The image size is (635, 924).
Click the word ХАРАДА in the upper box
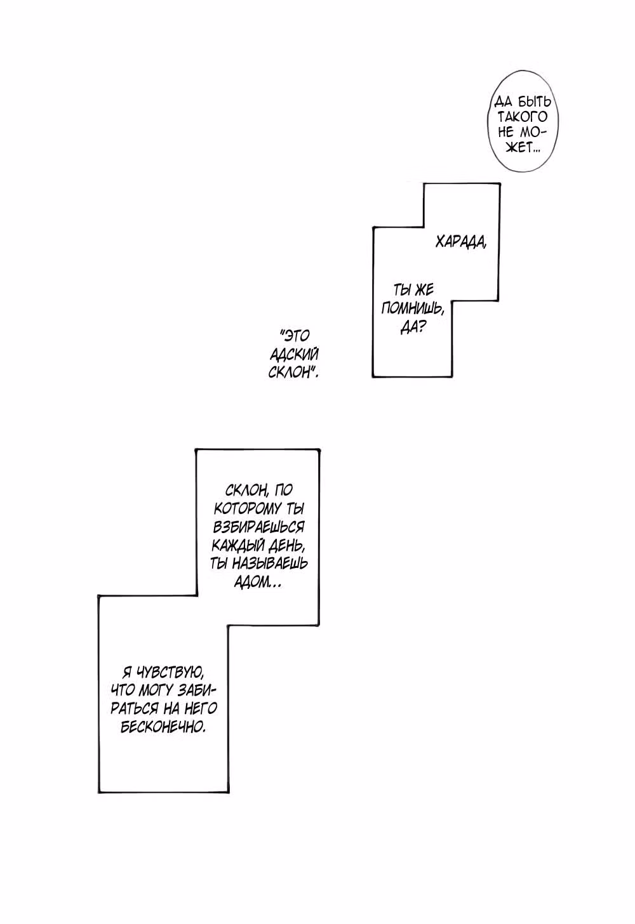(x=461, y=242)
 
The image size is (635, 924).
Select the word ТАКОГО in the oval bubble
(x=522, y=117)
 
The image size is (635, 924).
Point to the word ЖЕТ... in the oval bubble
(x=523, y=148)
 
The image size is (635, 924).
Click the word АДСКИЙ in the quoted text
(x=294, y=354)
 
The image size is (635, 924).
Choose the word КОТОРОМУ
(x=245, y=509)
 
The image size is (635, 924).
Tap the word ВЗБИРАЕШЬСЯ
(x=258, y=527)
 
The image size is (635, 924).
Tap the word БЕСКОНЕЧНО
(x=163, y=728)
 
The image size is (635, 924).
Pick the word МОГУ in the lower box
(x=155, y=691)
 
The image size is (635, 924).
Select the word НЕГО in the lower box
(x=201, y=709)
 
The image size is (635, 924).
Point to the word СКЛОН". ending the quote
(x=293, y=373)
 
